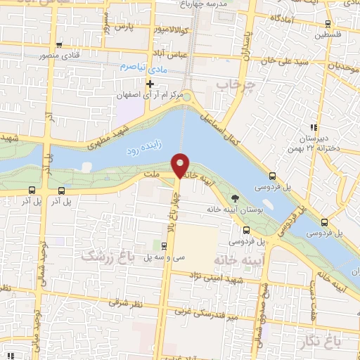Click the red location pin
[x=181, y=165]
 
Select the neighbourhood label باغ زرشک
[x=108, y=255]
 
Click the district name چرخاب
[x=235, y=84]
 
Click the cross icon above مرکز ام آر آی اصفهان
[x=150, y=84]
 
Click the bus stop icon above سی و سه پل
[x=164, y=246]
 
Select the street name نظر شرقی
[x=131, y=302]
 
